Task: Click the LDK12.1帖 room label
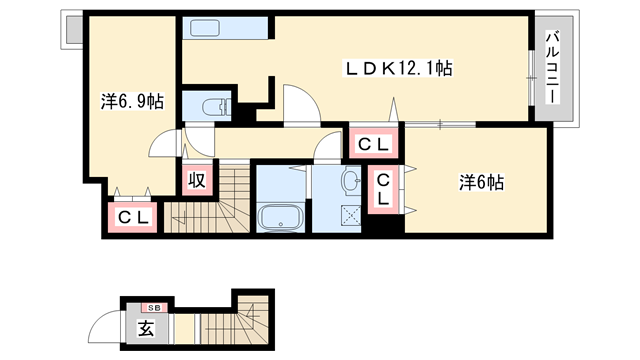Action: [399, 69]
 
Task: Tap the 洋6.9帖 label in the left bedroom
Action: [132, 102]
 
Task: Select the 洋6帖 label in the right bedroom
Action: [481, 183]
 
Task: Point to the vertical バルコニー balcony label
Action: [552, 70]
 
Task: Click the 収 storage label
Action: [196, 180]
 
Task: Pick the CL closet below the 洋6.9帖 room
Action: [133, 216]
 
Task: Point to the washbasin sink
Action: [351, 181]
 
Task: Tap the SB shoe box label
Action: [155, 307]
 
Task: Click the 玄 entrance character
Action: [145, 328]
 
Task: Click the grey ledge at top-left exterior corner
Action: [72, 31]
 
